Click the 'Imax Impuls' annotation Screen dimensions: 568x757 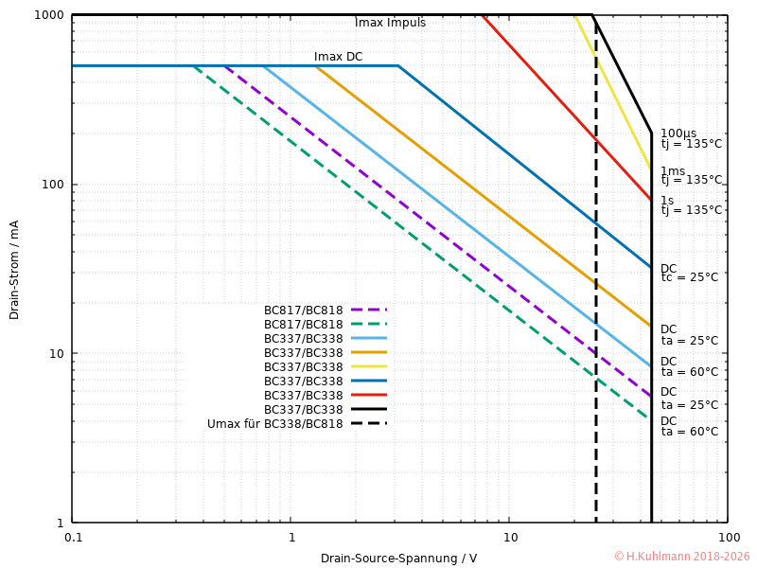coord(390,23)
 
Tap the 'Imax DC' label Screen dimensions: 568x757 coord(338,57)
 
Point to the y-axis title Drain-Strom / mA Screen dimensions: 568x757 coord(14,270)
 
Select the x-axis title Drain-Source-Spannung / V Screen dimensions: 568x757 coord(398,558)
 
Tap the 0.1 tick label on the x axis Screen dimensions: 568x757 coord(73,536)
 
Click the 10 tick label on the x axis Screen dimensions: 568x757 coord(509,536)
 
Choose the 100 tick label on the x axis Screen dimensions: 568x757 coord(728,536)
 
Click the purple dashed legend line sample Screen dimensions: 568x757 coord(368,310)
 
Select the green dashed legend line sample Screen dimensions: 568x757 coord(368,324)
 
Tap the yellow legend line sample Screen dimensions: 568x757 coord(368,366)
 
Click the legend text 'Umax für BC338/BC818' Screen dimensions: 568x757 coord(274,423)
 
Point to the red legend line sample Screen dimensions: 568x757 coord(368,395)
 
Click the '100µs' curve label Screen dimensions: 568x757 coord(678,133)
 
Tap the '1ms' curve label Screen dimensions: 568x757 coord(672,171)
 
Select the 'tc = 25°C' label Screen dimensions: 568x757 coord(689,277)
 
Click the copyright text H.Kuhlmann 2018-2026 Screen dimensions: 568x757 coord(681,557)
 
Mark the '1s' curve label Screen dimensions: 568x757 coord(667,201)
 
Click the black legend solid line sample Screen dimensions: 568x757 coord(368,409)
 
